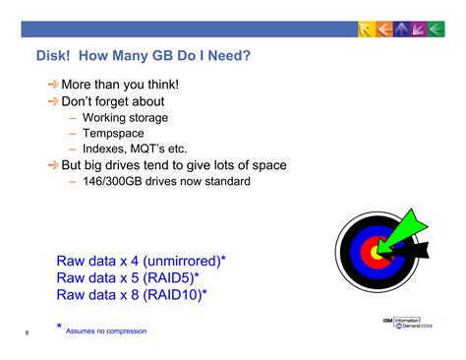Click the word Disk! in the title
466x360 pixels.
click(x=53, y=55)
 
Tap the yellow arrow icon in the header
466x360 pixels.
click(x=366, y=30)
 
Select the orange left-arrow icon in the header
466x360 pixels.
click(x=383, y=30)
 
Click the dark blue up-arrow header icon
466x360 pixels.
click(x=401, y=30)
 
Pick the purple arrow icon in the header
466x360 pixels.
click(x=419, y=30)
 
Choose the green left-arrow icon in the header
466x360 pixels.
click(x=437, y=30)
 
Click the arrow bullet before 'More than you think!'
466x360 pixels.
click(x=53, y=85)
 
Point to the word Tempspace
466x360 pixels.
click(x=113, y=134)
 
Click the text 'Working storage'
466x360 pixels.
click(x=125, y=118)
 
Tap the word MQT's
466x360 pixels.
click(x=147, y=149)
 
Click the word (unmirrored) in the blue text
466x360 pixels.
click(x=182, y=261)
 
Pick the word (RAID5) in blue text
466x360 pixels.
click(x=169, y=278)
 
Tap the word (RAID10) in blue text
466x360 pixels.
click(x=173, y=295)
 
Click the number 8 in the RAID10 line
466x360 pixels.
click(x=135, y=295)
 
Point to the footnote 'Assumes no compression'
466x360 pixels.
click(x=106, y=331)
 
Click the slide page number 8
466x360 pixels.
click(x=27, y=332)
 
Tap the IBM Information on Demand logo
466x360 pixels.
click(x=408, y=323)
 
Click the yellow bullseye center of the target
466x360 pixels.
click(x=377, y=253)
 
